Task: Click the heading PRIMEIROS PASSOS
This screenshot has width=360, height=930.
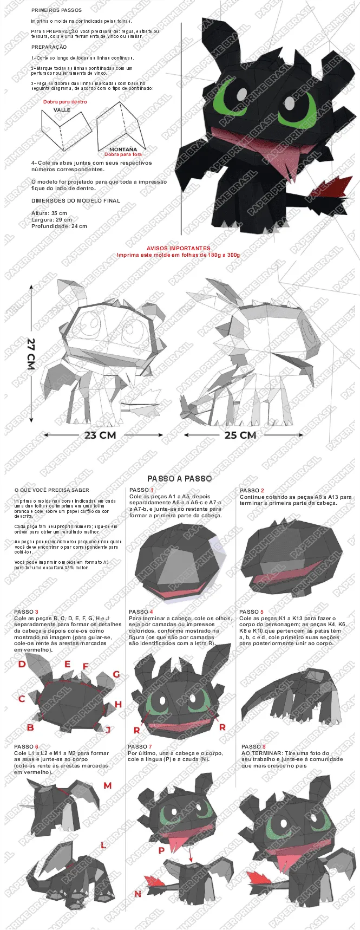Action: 57,10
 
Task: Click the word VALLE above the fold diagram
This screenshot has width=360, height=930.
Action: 62,110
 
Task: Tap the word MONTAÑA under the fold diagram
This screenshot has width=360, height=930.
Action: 123,149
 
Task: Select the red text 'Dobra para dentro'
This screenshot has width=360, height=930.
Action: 65,102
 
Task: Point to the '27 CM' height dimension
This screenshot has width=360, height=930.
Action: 31,354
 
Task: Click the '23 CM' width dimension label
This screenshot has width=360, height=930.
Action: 100,435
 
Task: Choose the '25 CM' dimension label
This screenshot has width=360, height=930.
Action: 240,435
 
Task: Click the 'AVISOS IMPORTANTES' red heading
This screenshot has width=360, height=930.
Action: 178,248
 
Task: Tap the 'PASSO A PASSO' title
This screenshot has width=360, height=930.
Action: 180,478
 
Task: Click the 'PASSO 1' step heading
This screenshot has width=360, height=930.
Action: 141,490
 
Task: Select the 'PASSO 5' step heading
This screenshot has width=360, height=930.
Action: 252,612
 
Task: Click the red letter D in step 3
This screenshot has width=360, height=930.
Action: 22,664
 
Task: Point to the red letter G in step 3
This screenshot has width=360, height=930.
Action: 116,674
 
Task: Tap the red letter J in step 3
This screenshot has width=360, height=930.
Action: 108,730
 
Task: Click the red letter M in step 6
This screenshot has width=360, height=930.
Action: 108,785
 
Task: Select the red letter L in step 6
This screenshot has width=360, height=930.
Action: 103,845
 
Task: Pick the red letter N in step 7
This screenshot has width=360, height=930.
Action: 138,894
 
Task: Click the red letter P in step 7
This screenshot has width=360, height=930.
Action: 161,851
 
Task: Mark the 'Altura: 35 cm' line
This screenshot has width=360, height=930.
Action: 49,213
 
